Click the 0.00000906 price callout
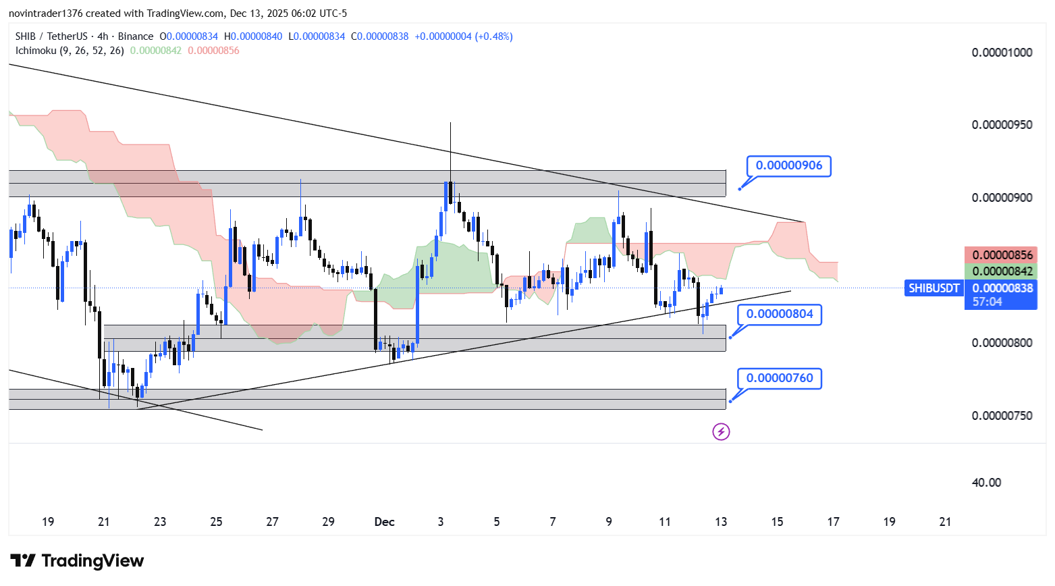788,165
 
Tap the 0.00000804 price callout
780,314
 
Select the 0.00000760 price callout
780,378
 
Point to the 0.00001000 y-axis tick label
1002,53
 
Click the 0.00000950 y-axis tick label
1002,125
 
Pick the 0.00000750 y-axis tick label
1002,416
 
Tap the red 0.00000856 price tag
1002,255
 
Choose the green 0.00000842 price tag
1002,271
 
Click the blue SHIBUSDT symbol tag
934,288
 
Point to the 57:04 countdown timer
987,302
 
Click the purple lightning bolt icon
721,431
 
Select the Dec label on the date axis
384,522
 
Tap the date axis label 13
721,522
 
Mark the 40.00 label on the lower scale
986,483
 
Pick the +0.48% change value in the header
494,36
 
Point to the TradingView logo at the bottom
77,561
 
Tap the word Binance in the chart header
136,36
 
